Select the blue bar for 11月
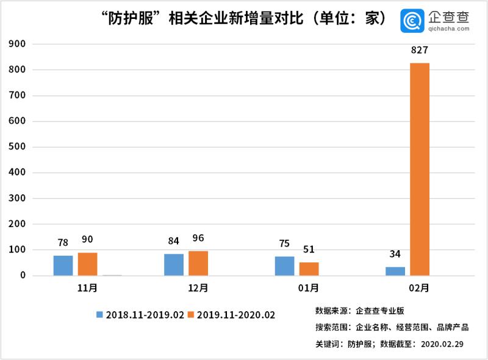[63, 265]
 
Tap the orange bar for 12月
[198, 263]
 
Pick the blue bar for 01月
[284, 266]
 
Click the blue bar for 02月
[395, 271]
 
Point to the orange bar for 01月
[309, 269]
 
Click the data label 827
[420, 51]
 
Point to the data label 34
[395, 254]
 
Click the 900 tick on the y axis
[17, 44]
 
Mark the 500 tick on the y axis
[17, 147]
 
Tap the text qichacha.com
[443, 29]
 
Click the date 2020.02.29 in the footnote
[442, 344]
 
